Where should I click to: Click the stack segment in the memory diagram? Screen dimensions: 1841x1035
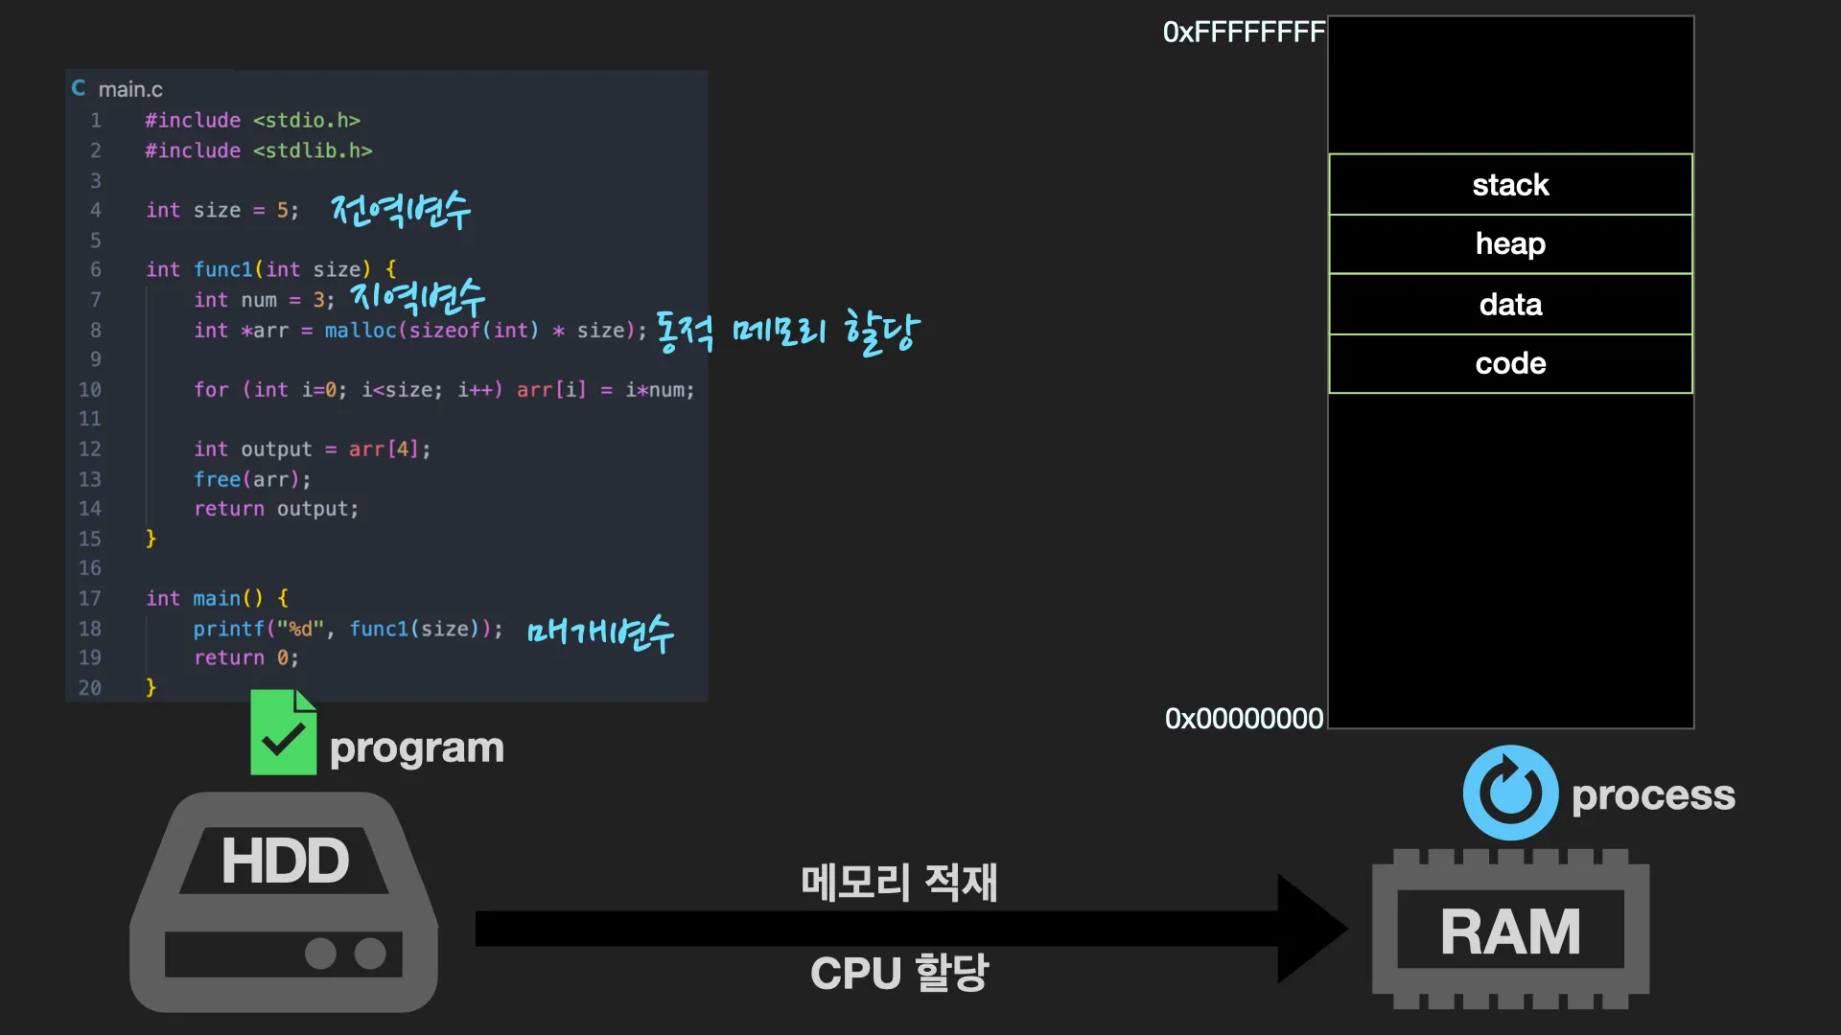pyautogui.click(x=1510, y=185)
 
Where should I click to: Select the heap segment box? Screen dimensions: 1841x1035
pyautogui.click(x=1510, y=244)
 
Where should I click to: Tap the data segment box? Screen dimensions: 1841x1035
pyautogui.click(x=1510, y=305)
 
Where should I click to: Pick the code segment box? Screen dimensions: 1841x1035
pyautogui.click(x=1510, y=364)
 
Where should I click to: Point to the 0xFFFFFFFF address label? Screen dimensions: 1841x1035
pyautogui.click(x=1243, y=33)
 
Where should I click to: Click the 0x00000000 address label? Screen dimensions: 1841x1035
pyautogui.click(x=1244, y=719)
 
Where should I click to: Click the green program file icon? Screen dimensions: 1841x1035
pyautogui.click(x=283, y=732)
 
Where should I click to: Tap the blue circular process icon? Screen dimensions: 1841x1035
pyautogui.click(x=1510, y=793)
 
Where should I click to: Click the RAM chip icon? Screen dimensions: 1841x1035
pyautogui.click(x=1510, y=930)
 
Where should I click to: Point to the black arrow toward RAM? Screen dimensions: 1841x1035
pyautogui.click(x=911, y=928)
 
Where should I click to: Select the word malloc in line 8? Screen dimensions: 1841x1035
pyautogui.click(x=361, y=331)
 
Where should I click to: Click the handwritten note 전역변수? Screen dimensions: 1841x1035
pyautogui.click(x=401, y=210)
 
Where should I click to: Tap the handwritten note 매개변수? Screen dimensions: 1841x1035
pyautogui.click(x=600, y=632)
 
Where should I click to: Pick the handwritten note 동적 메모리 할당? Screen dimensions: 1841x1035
pyautogui.click(x=787, y=332)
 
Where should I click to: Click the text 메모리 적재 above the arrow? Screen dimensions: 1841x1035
pyautogui.click(x=898, y=882)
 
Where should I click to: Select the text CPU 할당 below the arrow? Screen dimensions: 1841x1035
pyautogui.click(x=898, y=973)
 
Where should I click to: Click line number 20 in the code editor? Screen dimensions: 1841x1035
pyautogui.click(x=90, y=688)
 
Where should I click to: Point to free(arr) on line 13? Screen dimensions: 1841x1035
pyautogui.click(x=252, y=479)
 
